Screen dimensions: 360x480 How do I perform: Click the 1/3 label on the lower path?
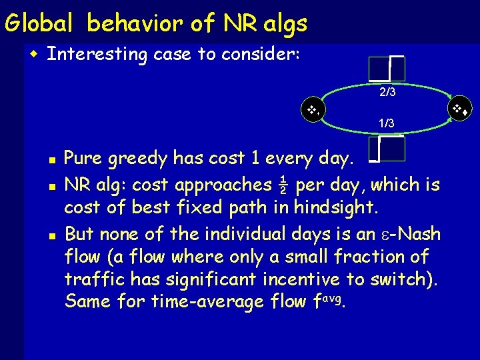pyautogui.click(x=386, y=123)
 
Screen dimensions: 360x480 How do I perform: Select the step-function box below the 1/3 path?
pyautogui.click(x=386, y=149)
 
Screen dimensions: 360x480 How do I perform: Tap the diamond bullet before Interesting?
pyautogui.click(x=35, y=54)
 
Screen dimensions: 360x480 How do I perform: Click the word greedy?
pyautogui.click(x=137, y=159)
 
